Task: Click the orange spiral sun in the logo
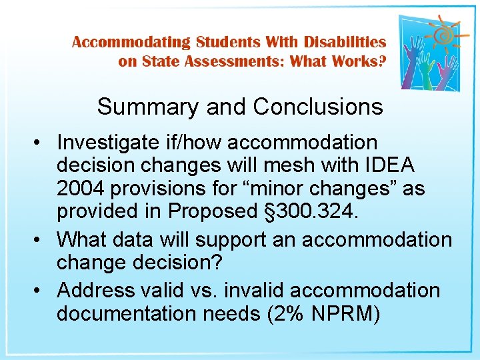click(443, 33)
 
